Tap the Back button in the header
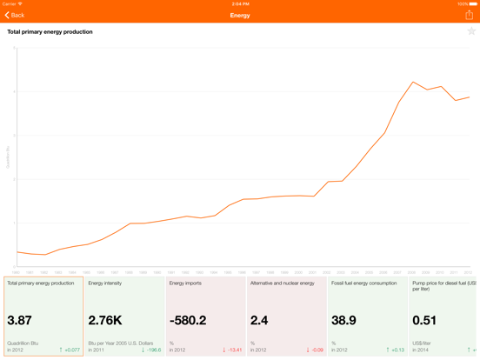pos(15,15)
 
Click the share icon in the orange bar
pos(469,15)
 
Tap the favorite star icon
pos(470,31)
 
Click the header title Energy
pos(240,15)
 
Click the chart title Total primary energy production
pos(50,31)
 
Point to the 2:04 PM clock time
pos(240,3)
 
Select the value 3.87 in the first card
pos(20,321)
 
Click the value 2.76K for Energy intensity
pos(105,321)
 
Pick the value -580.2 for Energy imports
pos(189,321)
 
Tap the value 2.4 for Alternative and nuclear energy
pos(259,321)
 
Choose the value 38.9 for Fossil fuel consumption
pos(343,321)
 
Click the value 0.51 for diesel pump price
pos(424,321)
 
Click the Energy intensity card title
pos(105,283)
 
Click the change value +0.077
pos(70,350)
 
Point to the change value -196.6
pos(150,350)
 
